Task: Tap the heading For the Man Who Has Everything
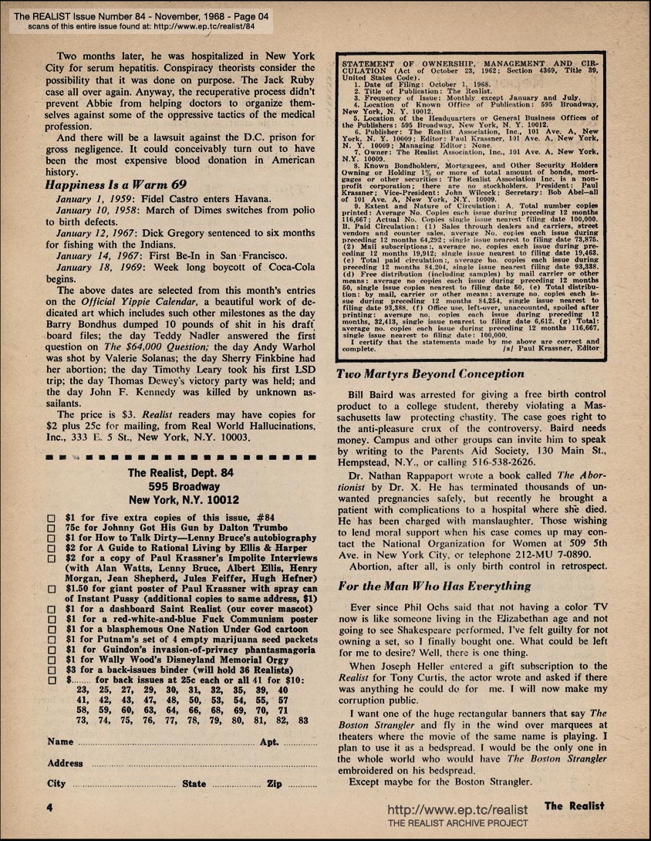pyautogui.click(x=435, y=586)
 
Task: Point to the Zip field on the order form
pyautogui.click(x=294, y=784)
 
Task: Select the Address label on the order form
pyautogui.click(x=65, y=763)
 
